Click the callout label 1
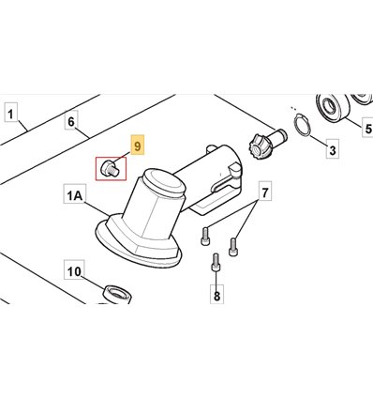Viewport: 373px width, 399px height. coord(11,114)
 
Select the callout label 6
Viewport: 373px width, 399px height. coord(71,122)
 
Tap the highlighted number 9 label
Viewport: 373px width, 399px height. coord(138,146)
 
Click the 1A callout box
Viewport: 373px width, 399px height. coord(75,194)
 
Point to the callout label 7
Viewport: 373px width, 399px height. coord(264,192)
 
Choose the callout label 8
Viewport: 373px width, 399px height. coord(216,294)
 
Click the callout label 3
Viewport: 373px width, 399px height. coord(333,150)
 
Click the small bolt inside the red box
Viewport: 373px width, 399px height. coord(110,168)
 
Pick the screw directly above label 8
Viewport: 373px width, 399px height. coord(216,263)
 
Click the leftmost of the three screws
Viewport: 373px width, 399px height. coord(204,237)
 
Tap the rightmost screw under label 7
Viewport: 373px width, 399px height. coord(232,247)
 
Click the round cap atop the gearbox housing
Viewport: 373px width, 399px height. coord(163,183)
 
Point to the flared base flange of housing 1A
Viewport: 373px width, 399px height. coord(138,243)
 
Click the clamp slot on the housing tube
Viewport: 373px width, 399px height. coord(224,183)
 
